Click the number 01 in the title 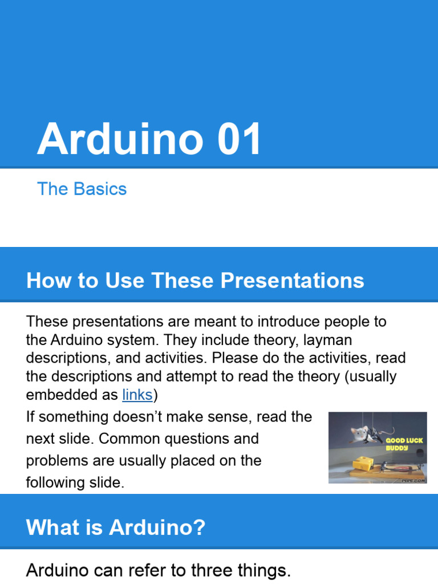[239, 139]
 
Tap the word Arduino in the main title [120, 139]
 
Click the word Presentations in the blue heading [293, 280]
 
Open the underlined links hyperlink [137, 395]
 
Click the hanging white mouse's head [359, 433]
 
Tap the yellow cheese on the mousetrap [363, 464]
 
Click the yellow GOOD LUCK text [404, 440]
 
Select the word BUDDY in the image [397, 448]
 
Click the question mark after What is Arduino [200, 527]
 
